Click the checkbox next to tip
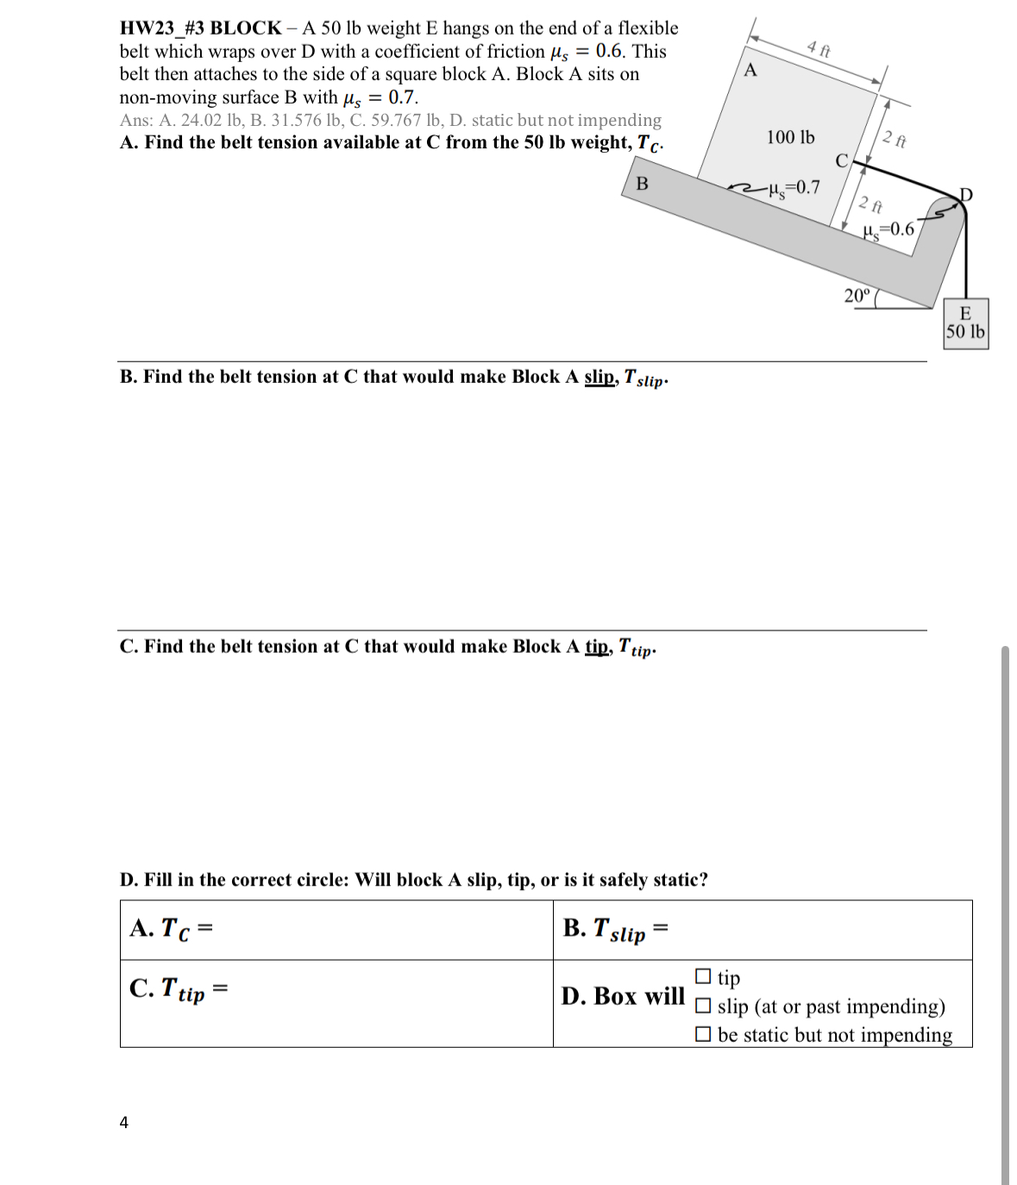tap(703, 976)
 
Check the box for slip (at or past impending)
tap(703, 1006)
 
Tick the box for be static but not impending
tap(703, 1034)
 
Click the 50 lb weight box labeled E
tap(964, 323)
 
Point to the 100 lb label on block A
tap(789, 137)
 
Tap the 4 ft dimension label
tap(819, 48)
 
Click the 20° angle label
tap(857, 296)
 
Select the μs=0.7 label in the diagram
tap(793, 187)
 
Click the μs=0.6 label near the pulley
tap(888, 229)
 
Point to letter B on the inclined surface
tap(642, 184)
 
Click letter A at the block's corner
tap(750, 70)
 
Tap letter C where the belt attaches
tap(842, 160)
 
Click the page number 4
tap(124, 1122)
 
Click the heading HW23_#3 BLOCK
tap(200, 28)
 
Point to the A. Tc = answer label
tap(171, 929)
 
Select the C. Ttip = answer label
tap(178, 989)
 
